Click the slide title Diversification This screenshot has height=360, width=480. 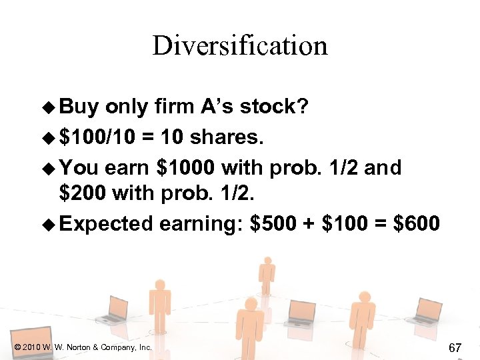coord(240,46)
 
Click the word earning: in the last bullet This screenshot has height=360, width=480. coord(201,224)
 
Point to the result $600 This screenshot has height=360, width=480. coord(417,224)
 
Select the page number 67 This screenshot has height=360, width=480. coord(455,347)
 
